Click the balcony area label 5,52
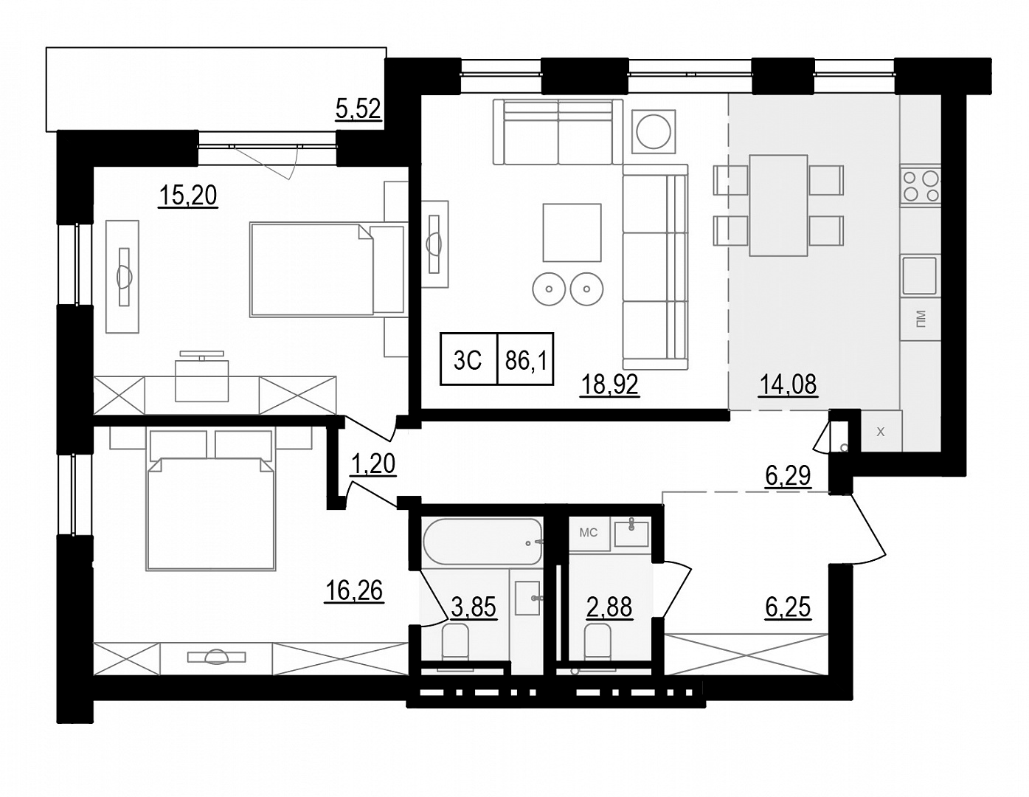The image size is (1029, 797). coord(358,109)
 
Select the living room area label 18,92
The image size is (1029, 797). coord(609,384)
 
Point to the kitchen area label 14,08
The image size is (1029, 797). coord(788,384)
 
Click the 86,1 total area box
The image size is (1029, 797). coord(525,359)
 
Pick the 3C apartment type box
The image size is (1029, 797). coord(468,359)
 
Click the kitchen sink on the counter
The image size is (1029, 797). coord(920,275)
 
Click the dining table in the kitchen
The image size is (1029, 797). coord(778,205)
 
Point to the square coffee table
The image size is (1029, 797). coord(572,232)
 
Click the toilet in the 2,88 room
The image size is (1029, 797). coord(598,641)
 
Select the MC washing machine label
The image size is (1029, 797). coord(589,533)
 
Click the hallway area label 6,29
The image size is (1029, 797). coord(788,477)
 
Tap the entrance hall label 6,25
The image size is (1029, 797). coord(788,607)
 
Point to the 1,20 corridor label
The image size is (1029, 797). coord(373,463)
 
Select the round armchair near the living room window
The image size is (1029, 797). coord(654,132)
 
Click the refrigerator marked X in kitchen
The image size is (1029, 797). coord(880,432)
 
